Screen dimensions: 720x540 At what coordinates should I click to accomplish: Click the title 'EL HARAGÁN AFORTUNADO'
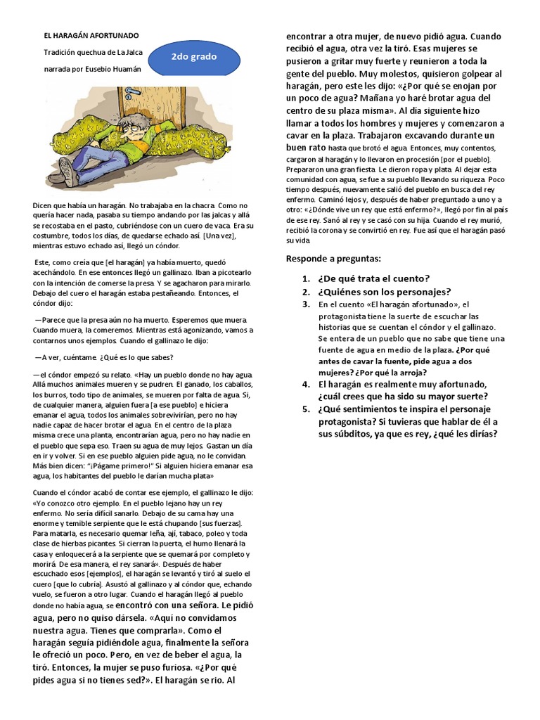click(91, 35)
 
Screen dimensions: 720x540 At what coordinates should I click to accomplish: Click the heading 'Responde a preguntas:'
click(333, 259)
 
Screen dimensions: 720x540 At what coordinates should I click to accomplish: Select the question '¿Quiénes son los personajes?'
click(384, 291)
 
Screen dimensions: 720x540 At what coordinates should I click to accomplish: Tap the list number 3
click(307, 304)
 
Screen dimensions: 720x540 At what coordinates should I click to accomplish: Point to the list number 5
click(307, 409)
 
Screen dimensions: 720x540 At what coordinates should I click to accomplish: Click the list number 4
click(307, 385)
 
